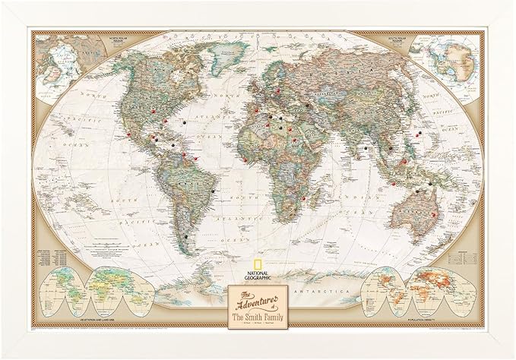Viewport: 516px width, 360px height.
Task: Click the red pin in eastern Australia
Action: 435,214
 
